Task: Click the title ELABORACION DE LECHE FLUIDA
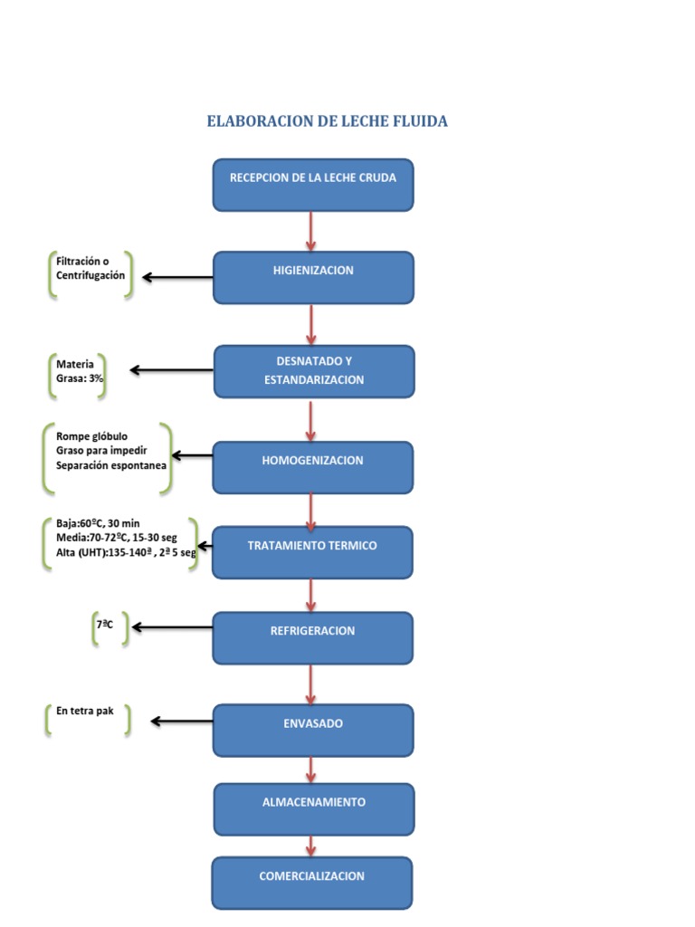coord(327,120)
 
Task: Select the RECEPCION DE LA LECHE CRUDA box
coord(313,186)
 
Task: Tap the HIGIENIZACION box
coord(313,277)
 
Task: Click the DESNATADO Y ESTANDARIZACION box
coord(314,371)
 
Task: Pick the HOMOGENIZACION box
coord(313,467)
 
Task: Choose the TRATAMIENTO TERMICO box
coord(312,552)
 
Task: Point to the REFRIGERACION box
coord(312,637)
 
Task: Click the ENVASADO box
coord(313,731)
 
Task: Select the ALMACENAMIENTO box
coord(314,808)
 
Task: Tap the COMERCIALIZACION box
coord(312,883)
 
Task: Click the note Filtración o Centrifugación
coord(90,268)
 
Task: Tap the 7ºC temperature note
coord(105,624)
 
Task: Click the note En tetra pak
coord(85,711)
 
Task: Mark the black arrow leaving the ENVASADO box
coord(182,721)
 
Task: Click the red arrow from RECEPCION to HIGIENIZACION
coord(311,232)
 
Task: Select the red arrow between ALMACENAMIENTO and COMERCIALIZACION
coord(312,846)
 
